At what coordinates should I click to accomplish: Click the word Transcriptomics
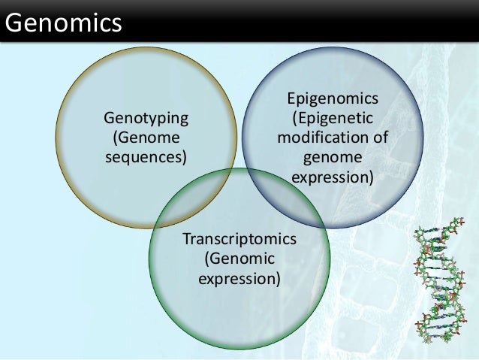tap(239, 240)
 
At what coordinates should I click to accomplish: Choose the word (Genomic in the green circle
tap(239, 259)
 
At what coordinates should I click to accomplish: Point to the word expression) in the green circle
tap(239, 279)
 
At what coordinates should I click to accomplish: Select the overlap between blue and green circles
tap(282, 197)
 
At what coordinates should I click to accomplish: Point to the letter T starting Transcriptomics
tap(186, 240)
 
